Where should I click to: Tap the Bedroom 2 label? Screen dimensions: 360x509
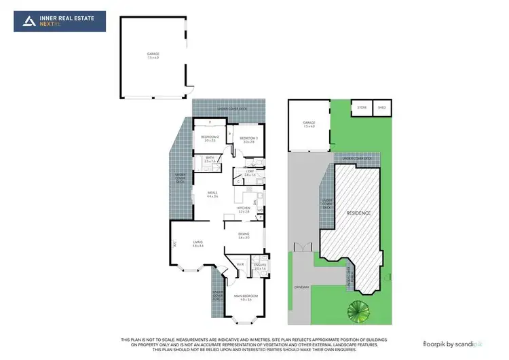[x=208, y=139]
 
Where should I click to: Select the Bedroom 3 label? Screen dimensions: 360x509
[x=246, y=140]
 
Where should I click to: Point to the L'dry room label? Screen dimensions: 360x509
[x=250, y=174]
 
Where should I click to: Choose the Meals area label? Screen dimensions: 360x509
[x=212, y=195]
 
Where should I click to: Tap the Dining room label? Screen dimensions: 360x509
[x=244, y=236]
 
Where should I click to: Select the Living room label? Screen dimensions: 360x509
[x=197, y=244]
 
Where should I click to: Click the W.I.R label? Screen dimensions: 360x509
[x=240, y=264]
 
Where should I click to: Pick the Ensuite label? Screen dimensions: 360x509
[x=260, y=268]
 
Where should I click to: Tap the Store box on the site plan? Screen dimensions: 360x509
[x=362, y=107]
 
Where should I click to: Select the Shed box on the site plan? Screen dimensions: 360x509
[x=381, y=107]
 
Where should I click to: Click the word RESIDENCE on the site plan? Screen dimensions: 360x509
[x=359, y=213]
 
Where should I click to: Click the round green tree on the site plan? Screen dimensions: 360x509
[x=357, y=311]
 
